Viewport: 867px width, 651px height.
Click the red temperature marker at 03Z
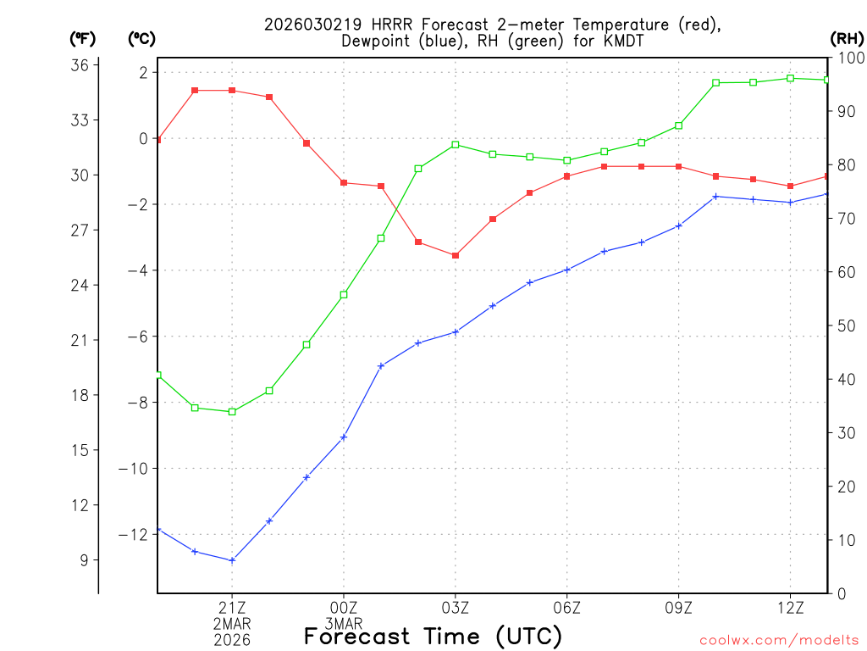pos(456,255)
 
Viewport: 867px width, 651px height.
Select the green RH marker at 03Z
pos(456,145)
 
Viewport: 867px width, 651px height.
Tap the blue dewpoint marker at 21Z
pos(232,560)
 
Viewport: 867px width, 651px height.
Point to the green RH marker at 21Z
pos(232,412)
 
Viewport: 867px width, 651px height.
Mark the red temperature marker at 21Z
pos(232,91)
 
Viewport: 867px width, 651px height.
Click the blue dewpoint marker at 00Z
pos(344,437)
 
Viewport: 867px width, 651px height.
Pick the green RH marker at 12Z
pos(790,78)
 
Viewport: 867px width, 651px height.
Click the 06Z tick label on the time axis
pos(566,608)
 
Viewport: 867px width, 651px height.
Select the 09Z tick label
pos(678,608)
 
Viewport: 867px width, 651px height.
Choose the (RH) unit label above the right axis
pos(847,38)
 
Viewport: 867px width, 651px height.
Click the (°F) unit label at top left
pos(83,38)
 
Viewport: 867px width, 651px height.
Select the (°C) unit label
pos(142,38)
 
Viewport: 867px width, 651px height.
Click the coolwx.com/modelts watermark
pos(779,640)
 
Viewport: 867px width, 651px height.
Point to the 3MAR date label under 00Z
pos(344,624)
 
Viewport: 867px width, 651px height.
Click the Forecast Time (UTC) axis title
pos(433,637)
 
